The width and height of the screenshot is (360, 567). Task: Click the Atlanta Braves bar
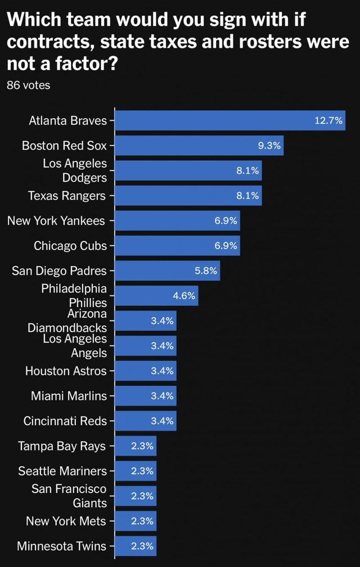230,120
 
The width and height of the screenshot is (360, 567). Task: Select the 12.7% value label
329,120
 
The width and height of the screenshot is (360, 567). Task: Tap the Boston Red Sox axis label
64,146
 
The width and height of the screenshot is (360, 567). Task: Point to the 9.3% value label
269,146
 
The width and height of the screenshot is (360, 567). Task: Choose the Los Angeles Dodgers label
74,170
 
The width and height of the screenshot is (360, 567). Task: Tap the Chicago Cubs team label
70,245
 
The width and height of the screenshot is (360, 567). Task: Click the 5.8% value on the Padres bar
205,271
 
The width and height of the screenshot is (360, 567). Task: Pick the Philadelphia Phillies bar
156,295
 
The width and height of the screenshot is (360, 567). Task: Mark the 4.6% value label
184,295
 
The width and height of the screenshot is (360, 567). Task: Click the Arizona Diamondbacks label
67,321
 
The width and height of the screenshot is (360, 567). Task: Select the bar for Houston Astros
146,371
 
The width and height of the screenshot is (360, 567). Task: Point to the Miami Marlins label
69,395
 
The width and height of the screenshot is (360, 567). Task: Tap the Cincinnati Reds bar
146,421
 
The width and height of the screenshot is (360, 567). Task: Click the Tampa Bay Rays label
62,446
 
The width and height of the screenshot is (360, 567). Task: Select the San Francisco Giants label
69,496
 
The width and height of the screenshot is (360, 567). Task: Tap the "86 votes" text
28,85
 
